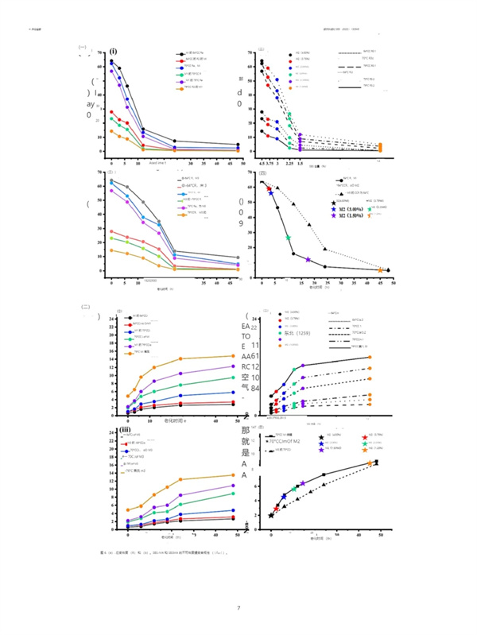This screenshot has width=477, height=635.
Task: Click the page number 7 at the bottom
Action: (238, 608)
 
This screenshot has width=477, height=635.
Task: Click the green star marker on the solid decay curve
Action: (289, 238)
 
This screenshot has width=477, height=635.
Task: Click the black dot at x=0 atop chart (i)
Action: (112, 61)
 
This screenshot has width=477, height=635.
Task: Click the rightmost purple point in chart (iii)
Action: (232, 486)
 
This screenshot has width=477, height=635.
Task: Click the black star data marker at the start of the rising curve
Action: (271, 515)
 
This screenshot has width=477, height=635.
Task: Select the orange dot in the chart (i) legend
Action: (180, 88)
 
